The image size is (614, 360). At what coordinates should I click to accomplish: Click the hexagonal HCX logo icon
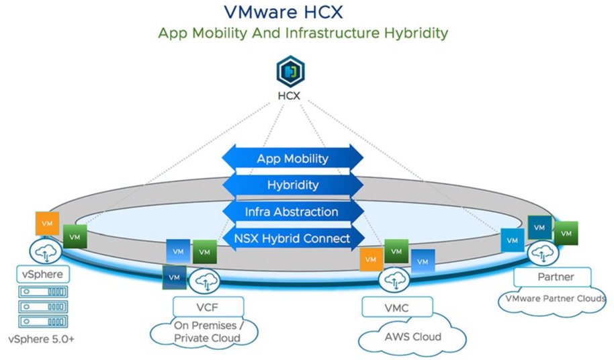(290, 71)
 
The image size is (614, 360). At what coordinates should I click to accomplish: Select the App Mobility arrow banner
(292, 159)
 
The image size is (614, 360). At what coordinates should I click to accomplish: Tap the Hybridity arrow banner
(292, 185)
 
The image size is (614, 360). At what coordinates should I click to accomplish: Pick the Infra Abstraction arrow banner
(292, 212)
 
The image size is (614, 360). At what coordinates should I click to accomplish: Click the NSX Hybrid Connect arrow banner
(292, 238)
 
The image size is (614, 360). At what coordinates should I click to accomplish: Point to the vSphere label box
(43, 274)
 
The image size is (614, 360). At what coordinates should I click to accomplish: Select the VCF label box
(208, 307)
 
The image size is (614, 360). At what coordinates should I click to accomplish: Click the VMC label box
(397, 307)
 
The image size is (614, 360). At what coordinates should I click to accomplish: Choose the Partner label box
(552, 277)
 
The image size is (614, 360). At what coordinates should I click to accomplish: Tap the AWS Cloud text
(412, 337)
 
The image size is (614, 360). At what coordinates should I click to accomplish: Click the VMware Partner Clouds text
(556, 299)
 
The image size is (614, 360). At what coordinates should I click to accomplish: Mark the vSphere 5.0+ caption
(41, 339)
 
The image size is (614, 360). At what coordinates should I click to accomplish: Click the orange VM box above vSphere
(48, 224)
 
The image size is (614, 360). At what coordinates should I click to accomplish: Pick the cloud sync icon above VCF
(204, 281)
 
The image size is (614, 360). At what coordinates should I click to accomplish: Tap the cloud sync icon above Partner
(543, 253)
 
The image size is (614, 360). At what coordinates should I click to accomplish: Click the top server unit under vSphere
(43, 291)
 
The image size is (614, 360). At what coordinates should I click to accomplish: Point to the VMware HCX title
(283, 11)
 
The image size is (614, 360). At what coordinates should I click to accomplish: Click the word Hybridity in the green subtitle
(416, 33)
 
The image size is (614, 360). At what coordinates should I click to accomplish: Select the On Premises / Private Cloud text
(208, 331)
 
